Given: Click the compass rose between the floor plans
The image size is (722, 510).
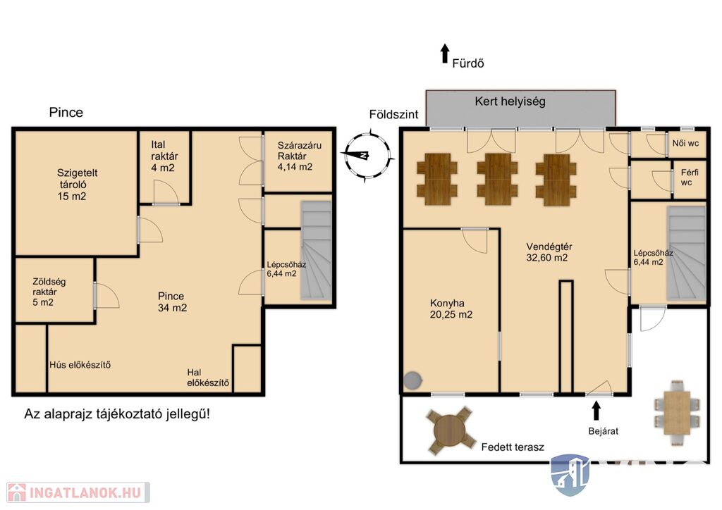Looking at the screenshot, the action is coord(367,156).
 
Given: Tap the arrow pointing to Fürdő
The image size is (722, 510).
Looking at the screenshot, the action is coord(444,54).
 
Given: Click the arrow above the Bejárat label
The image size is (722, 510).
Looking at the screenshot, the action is coord(596,411).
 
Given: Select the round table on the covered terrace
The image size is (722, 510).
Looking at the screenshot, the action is coord(450,430).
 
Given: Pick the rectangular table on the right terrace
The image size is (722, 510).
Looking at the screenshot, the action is coord(677,413).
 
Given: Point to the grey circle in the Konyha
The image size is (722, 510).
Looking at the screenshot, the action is coord(413,380).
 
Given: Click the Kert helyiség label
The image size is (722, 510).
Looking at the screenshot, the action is coord(510,101).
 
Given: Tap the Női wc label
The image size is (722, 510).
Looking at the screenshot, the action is coord(685,143).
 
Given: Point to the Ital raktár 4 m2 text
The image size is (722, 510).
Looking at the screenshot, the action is coord(164,156).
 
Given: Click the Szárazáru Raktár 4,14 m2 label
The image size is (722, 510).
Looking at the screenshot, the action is coord(299,156).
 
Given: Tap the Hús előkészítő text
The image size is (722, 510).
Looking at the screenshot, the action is coord(80,365).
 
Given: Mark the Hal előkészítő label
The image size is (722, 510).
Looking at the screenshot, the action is coord(208,378).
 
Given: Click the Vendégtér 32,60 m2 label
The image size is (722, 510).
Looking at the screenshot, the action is coord(549,252).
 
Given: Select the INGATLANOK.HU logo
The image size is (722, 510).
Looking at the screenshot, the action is coord(78,493).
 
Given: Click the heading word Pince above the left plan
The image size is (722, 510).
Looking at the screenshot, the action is coord(66,112).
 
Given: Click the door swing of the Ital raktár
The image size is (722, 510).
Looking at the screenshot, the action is coord(164,192).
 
